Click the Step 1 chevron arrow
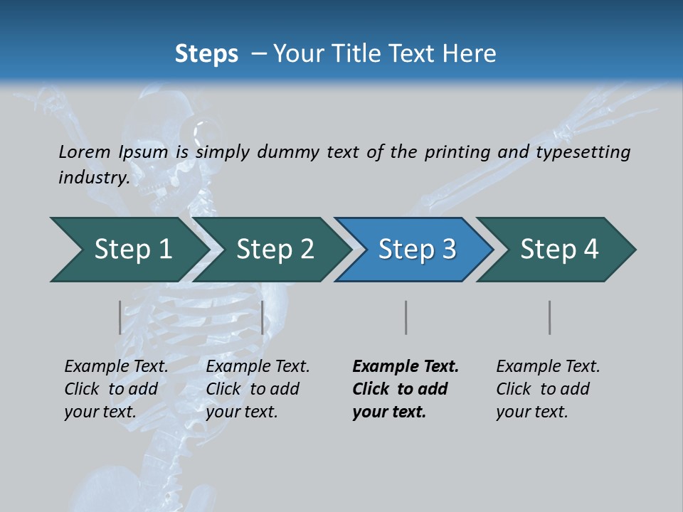coord(128,250)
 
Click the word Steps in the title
coord(206,53)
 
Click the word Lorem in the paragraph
coord(84,151)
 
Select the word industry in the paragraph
coord(93,177)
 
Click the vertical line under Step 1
coord(120,317)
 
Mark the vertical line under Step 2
coord(263,317)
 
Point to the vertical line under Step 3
coord(406,317)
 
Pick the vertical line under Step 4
coord(550,317)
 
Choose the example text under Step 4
coord(547,389)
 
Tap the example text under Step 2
coord(257,389)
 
